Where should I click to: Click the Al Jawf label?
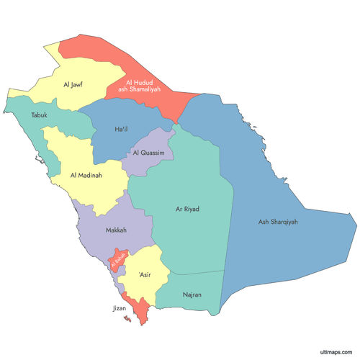pyautogui.click(x=73, y=85)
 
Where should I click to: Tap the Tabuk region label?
pyautogui.click(x=40, y=115)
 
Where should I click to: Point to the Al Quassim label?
pyautogui.click(x=149, y=153)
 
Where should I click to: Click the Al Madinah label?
pyautogui.click(x=86, y=175)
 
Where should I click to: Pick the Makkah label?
pyautogui.click(x=116, y=230)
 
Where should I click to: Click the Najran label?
pyautogui.click(x=192, y=294)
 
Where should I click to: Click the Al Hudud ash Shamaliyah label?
pyautogui.click(x=143, y=86)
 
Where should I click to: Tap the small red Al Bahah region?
pyautogui.click(x=119, y=257)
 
